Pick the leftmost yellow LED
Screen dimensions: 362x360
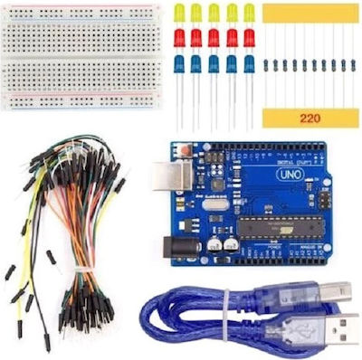click(180, 14)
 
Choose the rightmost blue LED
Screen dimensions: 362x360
click(249, 64)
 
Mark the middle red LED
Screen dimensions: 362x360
click(214, 38)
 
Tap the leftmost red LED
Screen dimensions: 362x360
click(180, 38)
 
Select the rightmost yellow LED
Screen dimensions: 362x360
click(249, 14)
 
